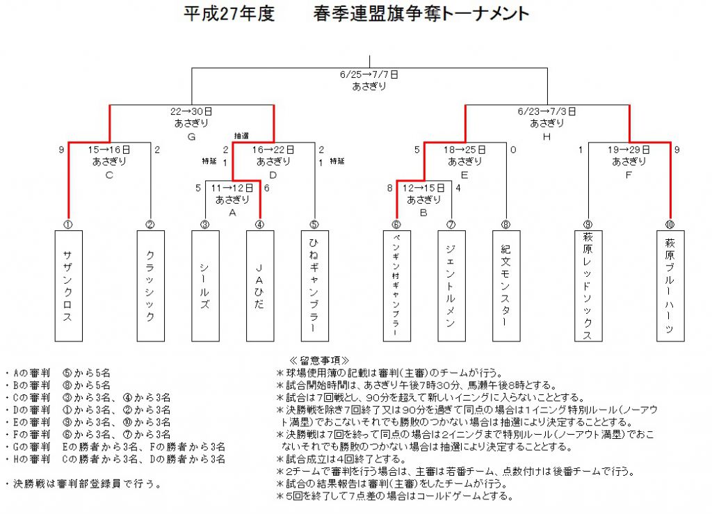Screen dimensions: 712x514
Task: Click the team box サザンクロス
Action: click(69, 286)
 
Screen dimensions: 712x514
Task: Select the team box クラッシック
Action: click(151, 286)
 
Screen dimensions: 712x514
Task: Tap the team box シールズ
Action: click(205, 286)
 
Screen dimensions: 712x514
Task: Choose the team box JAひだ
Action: click(260, 286)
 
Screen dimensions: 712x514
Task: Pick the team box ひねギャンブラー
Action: click(315, 286)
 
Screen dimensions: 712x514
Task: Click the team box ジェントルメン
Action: click(451, 286)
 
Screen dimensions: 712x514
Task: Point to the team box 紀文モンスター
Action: click(506, 286)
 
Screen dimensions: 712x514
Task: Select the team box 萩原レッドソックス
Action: click(588, 286)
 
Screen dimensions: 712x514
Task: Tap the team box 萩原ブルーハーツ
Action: click(670, 286)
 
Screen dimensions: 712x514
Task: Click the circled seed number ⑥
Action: click(396, 224)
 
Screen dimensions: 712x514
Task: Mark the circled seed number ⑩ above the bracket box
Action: click(670, 224)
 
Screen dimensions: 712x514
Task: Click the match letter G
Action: click(191, 136)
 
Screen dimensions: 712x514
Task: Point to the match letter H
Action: click(547, 136)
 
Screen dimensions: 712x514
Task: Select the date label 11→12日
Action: click(232, 188)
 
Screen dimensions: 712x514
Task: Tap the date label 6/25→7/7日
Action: click(369, 74)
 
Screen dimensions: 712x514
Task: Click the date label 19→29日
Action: click(629, 150)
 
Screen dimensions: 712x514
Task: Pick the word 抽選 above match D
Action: click(241, 136)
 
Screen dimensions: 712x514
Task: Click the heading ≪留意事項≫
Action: click(319, 360)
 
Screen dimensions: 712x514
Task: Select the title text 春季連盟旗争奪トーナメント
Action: click(421, 14)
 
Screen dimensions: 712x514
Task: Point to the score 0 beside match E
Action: click(513, 150)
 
